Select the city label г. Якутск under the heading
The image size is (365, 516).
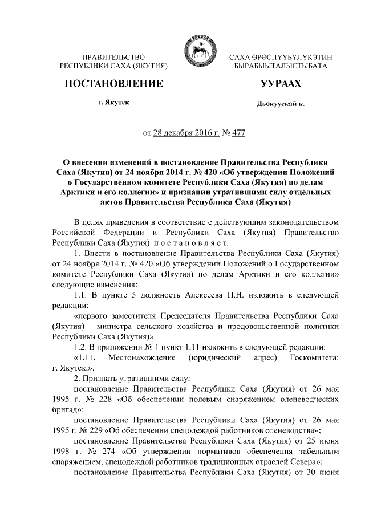(113, 103)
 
